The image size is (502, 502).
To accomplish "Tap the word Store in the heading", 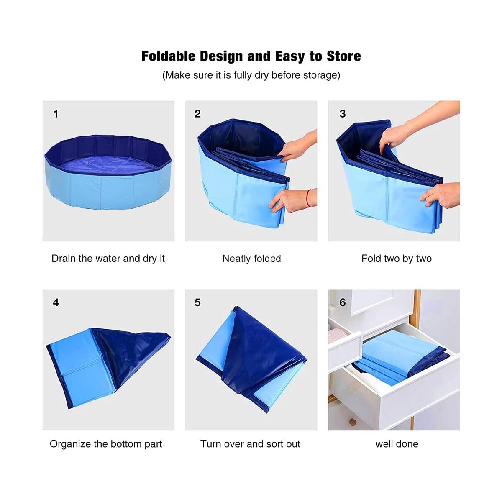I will coord(343,56).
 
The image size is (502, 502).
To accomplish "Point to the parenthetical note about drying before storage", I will coord(251,75).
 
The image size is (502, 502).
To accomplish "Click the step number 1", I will coord(56,114).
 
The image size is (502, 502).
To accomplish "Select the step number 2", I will coord(197,114).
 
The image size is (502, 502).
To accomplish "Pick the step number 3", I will coord(343,114).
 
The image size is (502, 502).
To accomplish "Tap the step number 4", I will coord(56,302).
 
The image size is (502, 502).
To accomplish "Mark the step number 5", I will coord(197,302).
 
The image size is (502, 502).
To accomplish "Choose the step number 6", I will coord(343,302).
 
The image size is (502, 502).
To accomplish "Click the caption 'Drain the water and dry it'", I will coord(108,259).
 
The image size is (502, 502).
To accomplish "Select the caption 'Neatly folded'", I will coord(251,259).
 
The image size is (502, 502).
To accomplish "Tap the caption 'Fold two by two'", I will coord(396,259).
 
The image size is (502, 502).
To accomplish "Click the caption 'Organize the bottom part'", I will coord(106,444).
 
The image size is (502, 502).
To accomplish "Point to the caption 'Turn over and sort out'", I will coord(250,444).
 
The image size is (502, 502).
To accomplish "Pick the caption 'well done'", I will coord(397,444).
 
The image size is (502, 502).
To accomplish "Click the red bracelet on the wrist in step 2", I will coord(309,198).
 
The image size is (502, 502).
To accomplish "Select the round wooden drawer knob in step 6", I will coord(353,423).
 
